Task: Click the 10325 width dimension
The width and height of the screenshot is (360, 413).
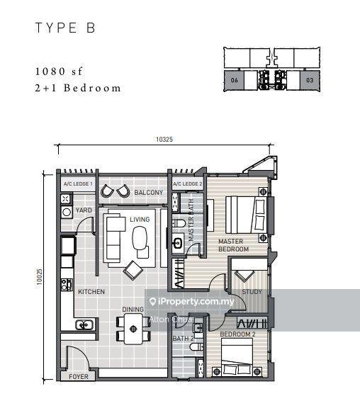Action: [164, 140]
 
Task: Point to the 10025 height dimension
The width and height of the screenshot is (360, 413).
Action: [41, 276]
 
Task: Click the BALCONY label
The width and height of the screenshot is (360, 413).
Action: [150, 193]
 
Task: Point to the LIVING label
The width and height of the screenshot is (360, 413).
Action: [140, 220]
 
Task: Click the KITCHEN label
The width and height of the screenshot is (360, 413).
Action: [91, 291]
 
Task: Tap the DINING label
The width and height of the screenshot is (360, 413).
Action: [133, 310]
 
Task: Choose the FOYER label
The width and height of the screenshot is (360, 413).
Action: [78, 376]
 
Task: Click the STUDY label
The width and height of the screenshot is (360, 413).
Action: [252, 292]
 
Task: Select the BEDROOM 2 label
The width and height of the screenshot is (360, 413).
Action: [237, 334]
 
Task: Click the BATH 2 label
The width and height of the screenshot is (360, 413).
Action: [184, 339]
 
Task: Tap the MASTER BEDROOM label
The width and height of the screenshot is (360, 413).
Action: [233, 246]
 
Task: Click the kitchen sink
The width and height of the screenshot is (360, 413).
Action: [84, 324]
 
